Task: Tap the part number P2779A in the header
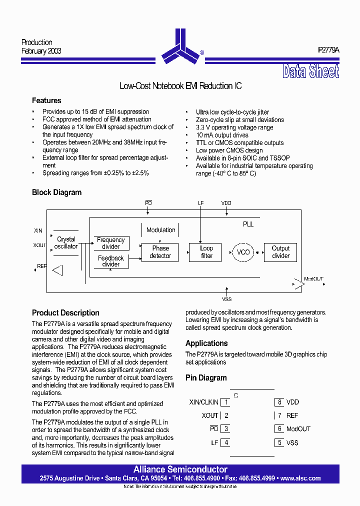(328, 50)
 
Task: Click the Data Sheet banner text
(310, 72)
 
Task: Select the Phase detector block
(160, 252)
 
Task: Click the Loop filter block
(206, 252)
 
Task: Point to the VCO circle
(242, 252)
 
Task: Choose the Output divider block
(280, 252)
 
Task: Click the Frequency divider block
(111, 243)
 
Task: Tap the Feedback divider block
(111, 261)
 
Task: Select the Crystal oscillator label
(66, 243)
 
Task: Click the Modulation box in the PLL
(160, 230)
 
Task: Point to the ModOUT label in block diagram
(314, 279)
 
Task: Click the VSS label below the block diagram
(227, 299)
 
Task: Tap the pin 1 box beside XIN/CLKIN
(226, 402)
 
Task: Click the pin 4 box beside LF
(226, 442)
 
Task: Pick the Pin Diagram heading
(206, 378)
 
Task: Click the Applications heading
(206, 343)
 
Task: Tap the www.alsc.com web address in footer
(300, 478)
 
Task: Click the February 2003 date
(41, 51)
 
